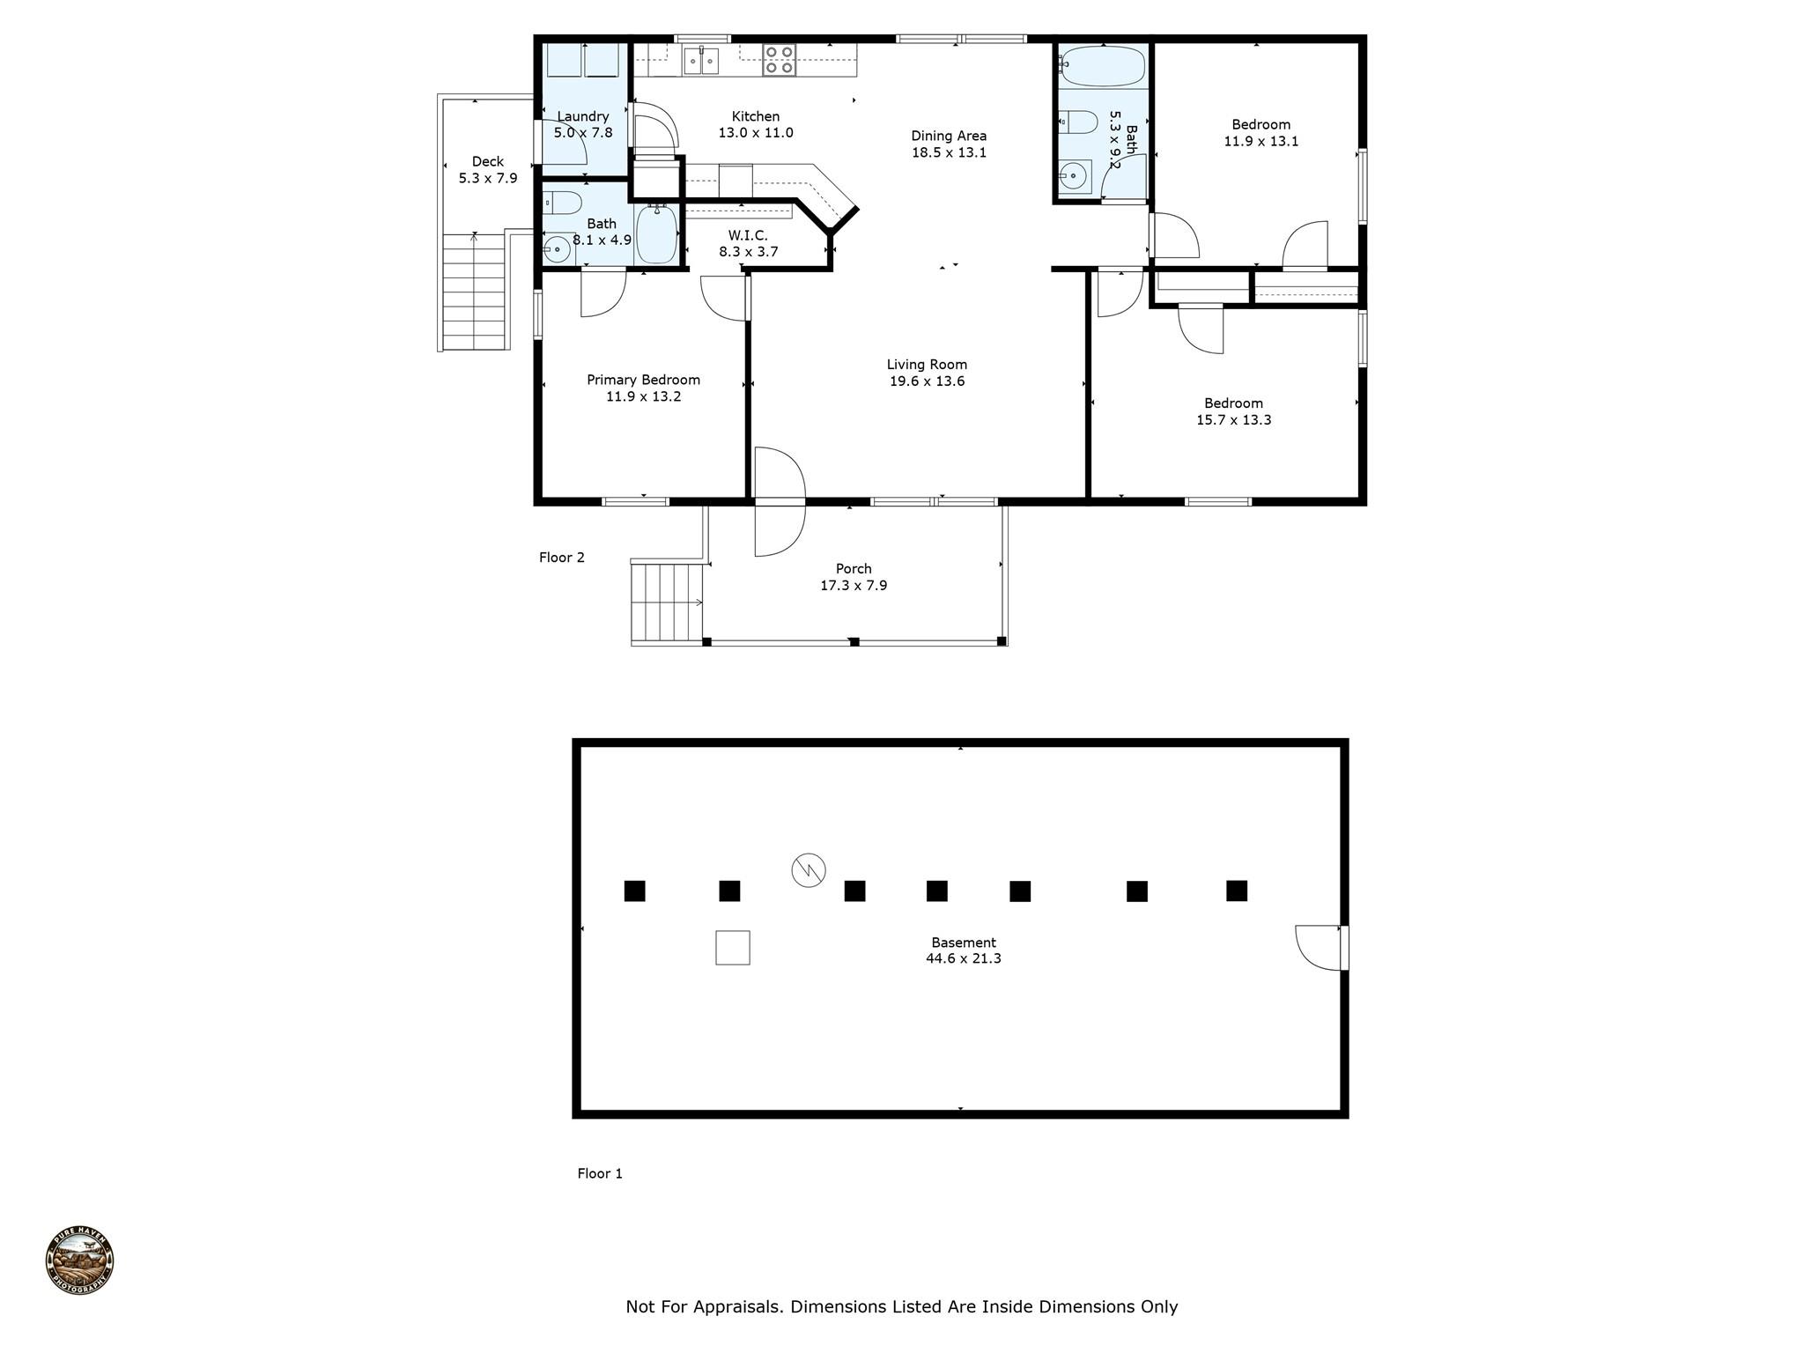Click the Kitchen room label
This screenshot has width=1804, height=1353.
(x=756, y=116)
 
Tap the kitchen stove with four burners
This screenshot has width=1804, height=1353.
(x=780, y=60)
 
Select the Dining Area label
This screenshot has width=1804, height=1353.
(x=949, y=136)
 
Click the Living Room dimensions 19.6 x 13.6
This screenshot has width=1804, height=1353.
(x=927, y=381)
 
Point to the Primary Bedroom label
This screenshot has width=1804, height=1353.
(x=643, y=380)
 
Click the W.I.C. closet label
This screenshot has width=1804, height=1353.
(x=748, y=235)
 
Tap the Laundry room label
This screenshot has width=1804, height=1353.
(x=583, y=116)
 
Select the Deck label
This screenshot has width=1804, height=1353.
(x=488, y=161)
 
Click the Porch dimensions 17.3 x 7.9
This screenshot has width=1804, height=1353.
(x=854, y=586)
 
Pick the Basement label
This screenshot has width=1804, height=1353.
(x=964, y=943)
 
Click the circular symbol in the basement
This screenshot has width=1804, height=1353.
(x=809, y=870)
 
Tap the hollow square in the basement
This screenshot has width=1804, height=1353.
(x=733, y=948)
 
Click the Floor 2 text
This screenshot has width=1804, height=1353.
(x=562, y=558)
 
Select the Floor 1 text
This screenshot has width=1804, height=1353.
(x=600, y=1173)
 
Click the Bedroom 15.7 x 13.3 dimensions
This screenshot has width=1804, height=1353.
(x=1233, y=420)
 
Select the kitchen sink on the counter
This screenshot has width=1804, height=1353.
(x=702, y=61)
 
